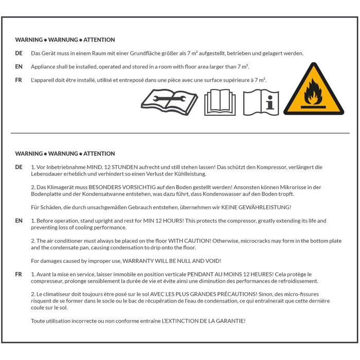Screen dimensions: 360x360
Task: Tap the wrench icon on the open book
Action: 169,99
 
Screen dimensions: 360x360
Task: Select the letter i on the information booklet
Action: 270,102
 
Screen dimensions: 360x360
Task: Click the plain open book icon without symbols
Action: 220,102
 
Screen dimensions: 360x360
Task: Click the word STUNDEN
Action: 124,167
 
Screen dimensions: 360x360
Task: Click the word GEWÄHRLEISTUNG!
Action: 265,207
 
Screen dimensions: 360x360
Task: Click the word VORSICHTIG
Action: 139,187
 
